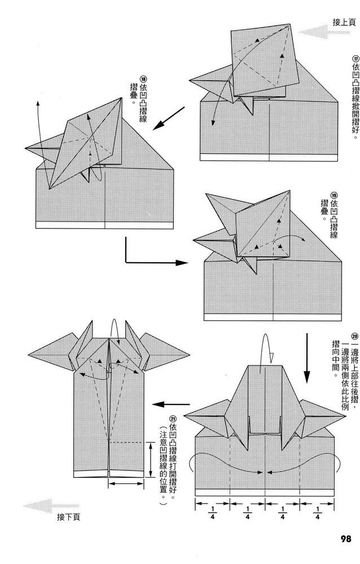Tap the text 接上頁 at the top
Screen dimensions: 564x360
click(x=344, y=22)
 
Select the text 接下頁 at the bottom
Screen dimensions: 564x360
click(x=69, y=516)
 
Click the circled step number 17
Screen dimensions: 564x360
click(x=355, y=59)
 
